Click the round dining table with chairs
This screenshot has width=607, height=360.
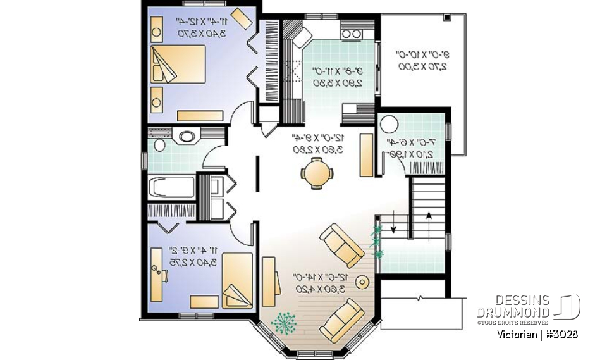315,173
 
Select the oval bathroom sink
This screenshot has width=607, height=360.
187,135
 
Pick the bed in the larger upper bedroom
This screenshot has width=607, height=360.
179,63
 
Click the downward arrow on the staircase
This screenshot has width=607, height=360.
393,224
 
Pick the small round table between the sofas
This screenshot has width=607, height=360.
362,282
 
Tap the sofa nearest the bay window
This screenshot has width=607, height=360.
341,320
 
